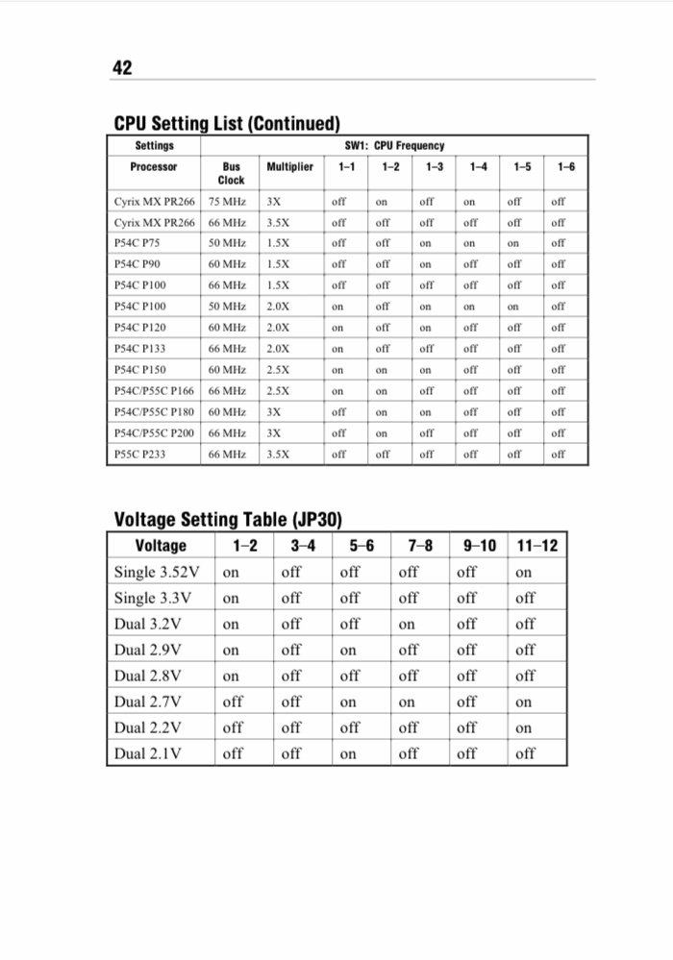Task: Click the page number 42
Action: [122, 67]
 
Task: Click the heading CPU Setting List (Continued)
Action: [227, 124]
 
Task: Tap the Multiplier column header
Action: [289, 166]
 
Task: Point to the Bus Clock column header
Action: [231, 173]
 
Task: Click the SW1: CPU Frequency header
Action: [394, 146]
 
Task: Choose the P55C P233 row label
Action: [140, 454]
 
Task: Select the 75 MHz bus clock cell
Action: [227, 202]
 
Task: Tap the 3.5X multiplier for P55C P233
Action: [278, 454]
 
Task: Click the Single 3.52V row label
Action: [157, 573]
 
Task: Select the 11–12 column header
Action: [537, 546]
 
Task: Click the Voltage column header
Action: [161, 546]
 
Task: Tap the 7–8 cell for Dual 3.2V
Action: [407, 625]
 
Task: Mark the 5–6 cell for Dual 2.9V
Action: [348, 651]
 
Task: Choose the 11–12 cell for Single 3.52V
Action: [523, 573]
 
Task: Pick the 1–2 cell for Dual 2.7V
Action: [233, 702]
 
